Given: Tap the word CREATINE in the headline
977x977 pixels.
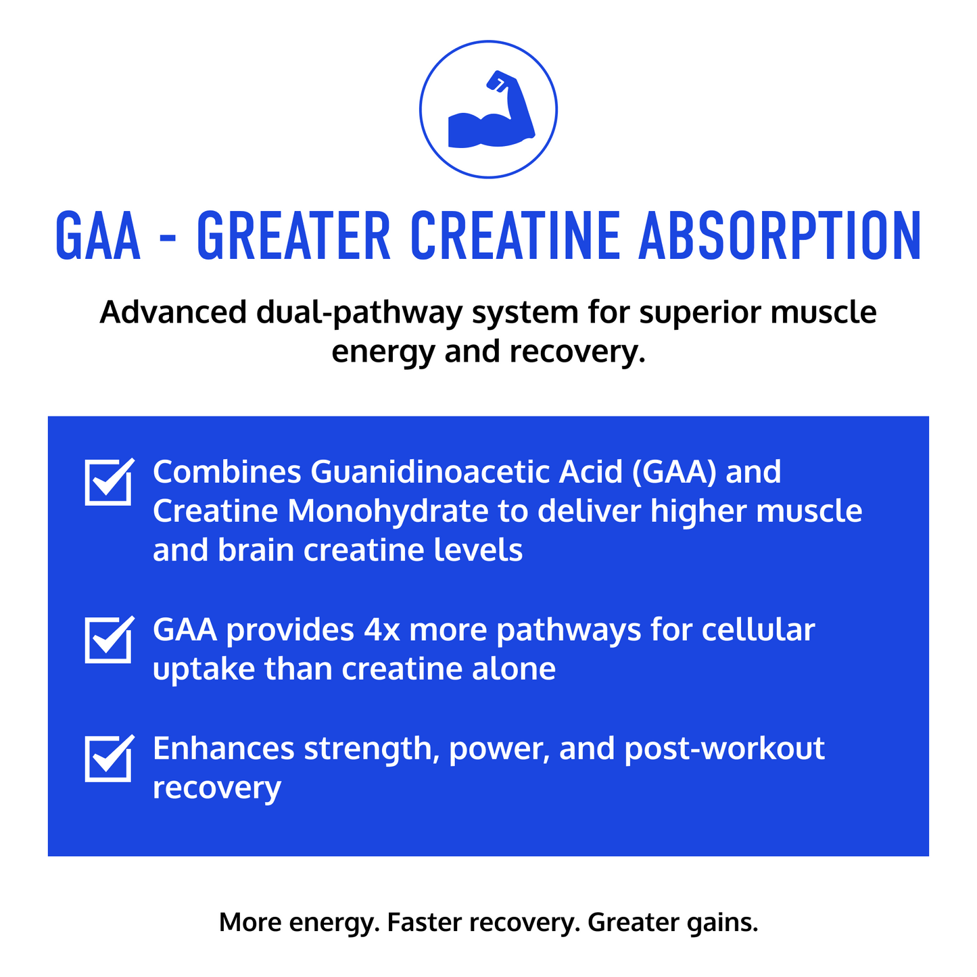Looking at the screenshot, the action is (x=515, y=236).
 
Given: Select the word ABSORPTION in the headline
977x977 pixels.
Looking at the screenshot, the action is (x=780, y=236).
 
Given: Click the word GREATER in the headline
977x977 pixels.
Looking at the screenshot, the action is (x=293, y=236).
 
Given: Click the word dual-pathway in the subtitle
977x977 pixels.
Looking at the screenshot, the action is (x=359, y=313).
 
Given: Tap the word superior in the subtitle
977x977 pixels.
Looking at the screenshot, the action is (x=700, y=313).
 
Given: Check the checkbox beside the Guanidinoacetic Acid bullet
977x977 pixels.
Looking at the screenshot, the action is (x=109, y=481).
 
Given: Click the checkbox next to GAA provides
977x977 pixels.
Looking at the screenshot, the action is (x=109, y=640).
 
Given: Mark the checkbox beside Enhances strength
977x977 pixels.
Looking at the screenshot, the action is (x=109, y=758).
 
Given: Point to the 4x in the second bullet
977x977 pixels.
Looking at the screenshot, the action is (x=382, y=631).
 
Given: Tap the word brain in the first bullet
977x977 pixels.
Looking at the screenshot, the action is (x=256, y=550).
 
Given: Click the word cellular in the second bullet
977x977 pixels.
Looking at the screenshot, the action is (x=759, y=629).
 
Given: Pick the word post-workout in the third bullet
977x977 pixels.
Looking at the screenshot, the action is (x=725, y=749).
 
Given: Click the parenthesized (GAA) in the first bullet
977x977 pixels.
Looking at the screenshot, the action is (x=674, y=473).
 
